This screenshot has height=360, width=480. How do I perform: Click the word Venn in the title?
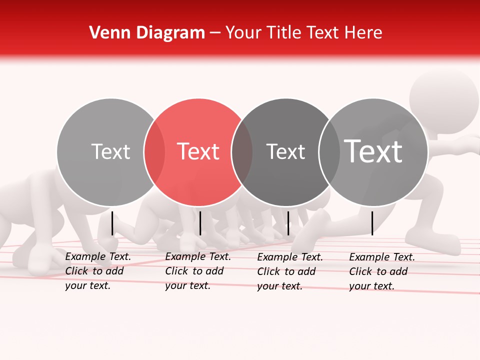point(106,33)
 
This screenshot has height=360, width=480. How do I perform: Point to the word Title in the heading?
point(283,33)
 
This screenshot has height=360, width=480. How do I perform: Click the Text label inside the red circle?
point(198,151)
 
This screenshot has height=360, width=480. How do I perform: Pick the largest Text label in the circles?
point(373,151)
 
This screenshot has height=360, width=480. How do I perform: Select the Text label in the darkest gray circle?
point(285,151)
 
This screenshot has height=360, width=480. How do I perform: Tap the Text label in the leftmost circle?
point(110,151)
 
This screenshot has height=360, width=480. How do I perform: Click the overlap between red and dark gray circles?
point(242,152)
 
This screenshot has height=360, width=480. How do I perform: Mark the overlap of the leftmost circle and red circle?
point(154,152)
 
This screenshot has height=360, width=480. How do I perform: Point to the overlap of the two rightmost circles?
point(329,152)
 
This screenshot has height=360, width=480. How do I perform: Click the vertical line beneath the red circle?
point(200,223)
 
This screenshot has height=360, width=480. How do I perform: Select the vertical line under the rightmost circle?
point(372,223)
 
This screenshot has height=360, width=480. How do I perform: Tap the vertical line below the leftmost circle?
point(112,223)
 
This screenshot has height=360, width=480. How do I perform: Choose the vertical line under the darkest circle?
point(288,223)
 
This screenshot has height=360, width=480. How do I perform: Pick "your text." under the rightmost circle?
point(372,286)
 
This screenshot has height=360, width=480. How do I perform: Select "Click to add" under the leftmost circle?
point(94,271)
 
